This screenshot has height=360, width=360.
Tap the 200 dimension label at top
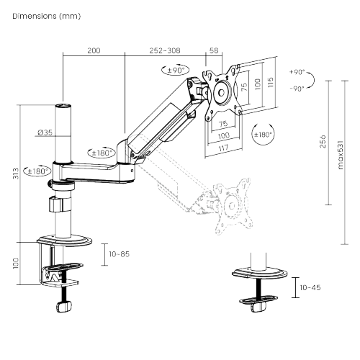(x=94, y=51)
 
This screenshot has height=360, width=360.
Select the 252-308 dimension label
(x=165, y=51)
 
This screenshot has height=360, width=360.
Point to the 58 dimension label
(x=214, y=51)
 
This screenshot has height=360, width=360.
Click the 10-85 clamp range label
(x=119, y=253)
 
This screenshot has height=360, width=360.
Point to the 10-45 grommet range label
(x=310, y=287)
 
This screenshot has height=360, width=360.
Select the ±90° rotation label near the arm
(x=174, y=71)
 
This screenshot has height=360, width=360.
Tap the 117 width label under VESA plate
(x=223, y=148)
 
